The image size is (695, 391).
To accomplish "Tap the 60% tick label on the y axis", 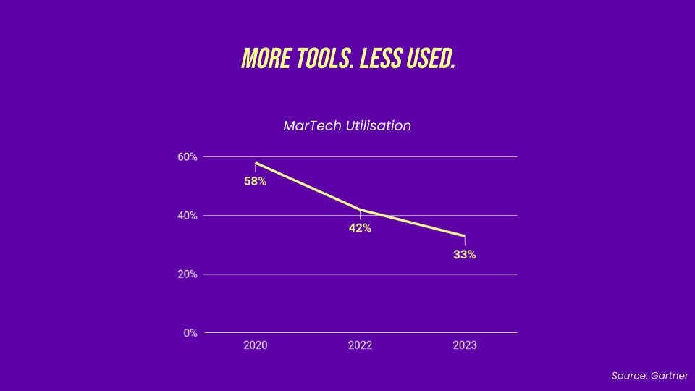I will tap(188, 157).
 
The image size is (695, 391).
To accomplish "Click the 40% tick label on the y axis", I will tap(188, 216).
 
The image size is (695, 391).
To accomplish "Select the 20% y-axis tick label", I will tap(188, 274).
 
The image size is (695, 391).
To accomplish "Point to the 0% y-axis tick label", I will tap(191, 333).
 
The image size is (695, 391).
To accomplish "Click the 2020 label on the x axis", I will tap(256, 345).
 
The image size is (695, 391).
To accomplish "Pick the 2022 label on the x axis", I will tap(360, 345).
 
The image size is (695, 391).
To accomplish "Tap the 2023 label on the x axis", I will tap(465, 345).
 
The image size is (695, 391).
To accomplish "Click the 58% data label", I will tap(256, 182).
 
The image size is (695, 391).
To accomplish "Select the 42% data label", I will tap(360, 228).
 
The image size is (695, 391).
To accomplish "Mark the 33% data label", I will tap(465, 255).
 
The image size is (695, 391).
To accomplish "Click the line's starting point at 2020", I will tap(256, 163).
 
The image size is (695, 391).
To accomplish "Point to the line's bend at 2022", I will tap(360, 210).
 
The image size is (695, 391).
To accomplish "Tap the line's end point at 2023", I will tap(465, 236).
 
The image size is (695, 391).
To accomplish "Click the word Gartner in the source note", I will tap(670, 376).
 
